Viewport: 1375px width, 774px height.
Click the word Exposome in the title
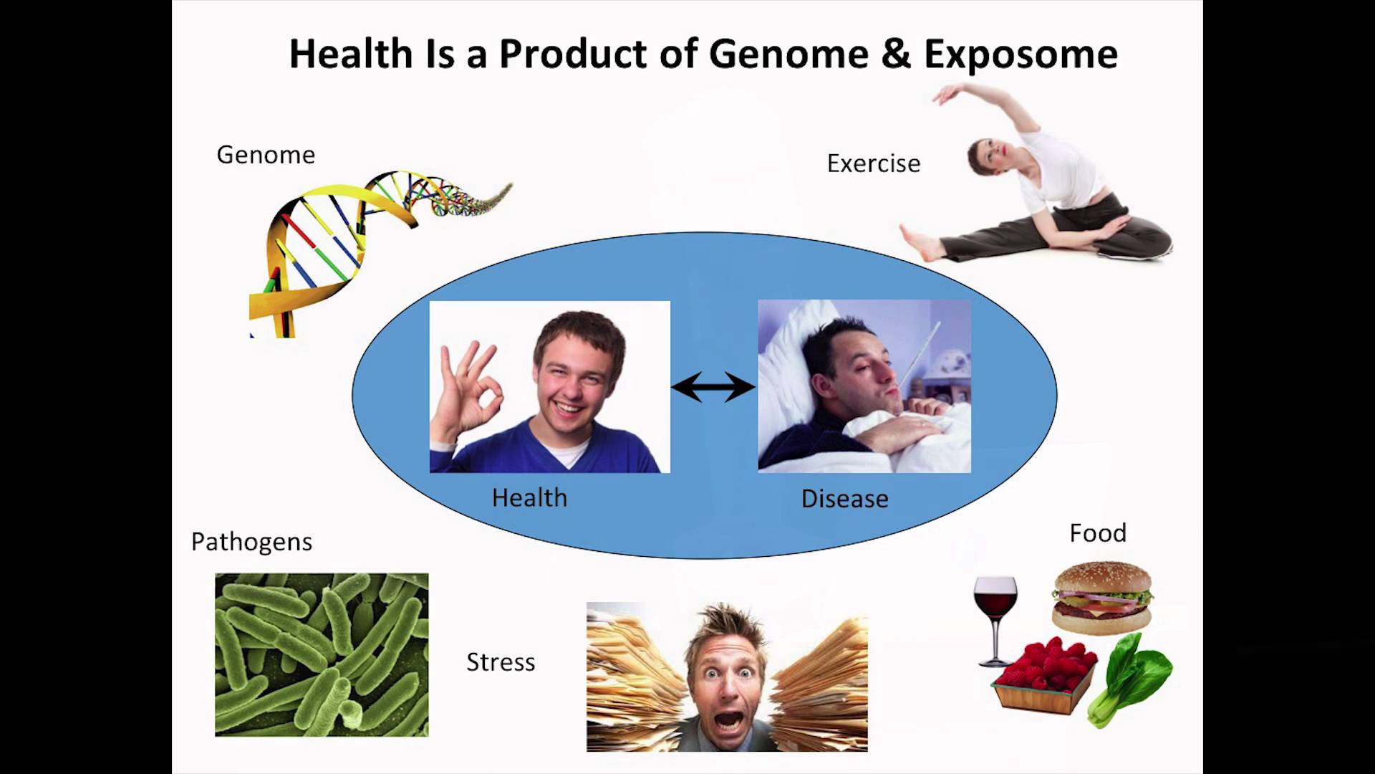point(1021,55)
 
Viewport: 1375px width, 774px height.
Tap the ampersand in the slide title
point(896,54)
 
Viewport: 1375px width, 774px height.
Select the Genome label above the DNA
point(266,155)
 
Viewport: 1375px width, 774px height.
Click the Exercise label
point(874,163)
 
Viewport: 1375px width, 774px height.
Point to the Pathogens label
point(251,543)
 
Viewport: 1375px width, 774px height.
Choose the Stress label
point(501,662)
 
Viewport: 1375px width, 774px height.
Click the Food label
point(1098,533)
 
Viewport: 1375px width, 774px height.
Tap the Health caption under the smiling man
point(529,498)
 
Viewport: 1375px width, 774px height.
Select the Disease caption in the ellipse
point(844,499)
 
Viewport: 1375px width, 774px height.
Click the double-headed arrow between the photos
point(713,387)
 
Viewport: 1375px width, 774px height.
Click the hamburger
point(1101,598)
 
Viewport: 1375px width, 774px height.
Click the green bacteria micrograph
point(322,655)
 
